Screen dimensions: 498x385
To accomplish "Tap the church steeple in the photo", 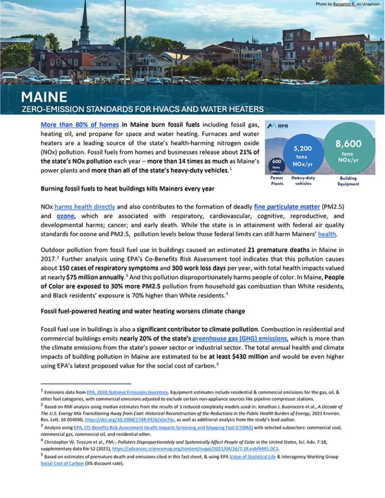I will coord(84,23).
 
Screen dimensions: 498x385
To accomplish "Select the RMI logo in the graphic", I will coord(277,125).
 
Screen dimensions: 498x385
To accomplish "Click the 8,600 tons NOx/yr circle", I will coord(352,148).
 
